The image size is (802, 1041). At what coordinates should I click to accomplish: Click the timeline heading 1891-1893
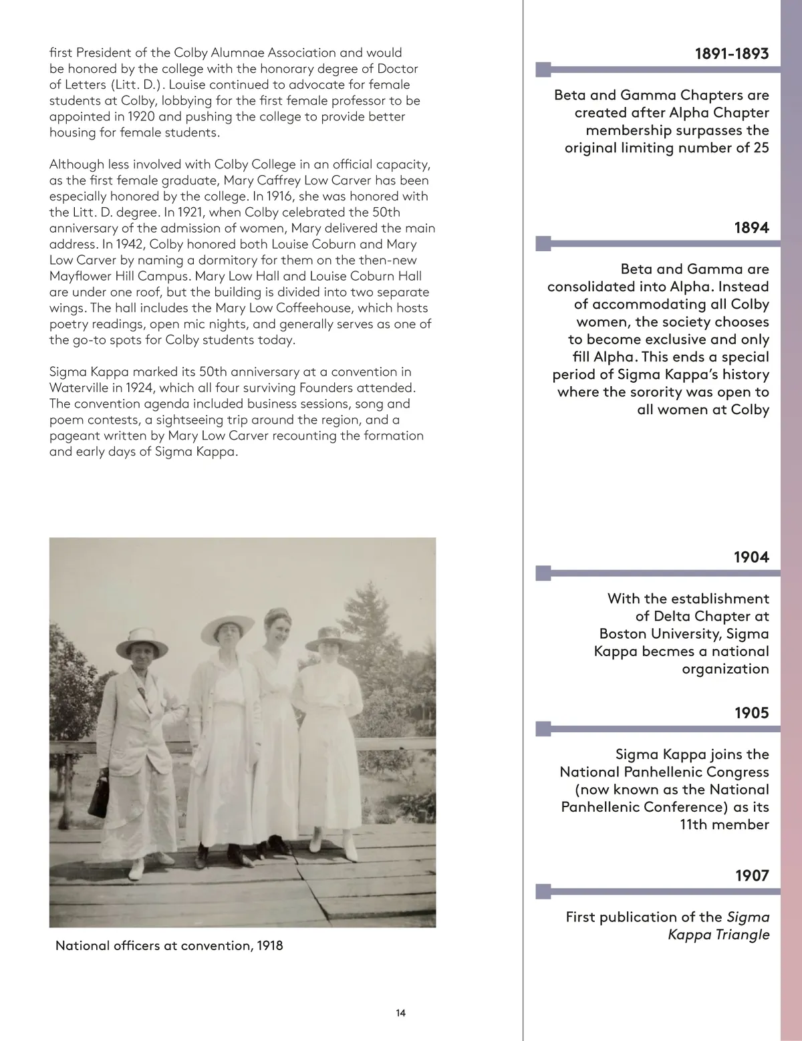[731, 54]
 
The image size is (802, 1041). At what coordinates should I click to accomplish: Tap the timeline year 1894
[751, 228]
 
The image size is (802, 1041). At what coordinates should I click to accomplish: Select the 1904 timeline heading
[751, 557]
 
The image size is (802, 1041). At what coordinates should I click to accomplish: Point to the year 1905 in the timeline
[751, 713]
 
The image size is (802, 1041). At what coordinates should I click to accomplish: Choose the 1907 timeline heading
[752, 875]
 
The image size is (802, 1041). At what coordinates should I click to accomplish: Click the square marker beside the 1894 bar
[544, 243]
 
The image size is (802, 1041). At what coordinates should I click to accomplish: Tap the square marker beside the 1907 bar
[544, 891]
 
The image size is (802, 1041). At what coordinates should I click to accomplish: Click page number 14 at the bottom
[400, 1013]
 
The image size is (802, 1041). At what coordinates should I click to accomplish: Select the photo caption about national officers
[169, 945]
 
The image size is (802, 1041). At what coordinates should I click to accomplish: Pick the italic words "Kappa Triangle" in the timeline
[718, 935]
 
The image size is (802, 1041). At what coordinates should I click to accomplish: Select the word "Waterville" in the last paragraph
[81, 388]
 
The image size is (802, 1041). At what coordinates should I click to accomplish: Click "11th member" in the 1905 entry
[724, 825]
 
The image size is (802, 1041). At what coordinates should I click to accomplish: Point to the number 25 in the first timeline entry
[761, 148]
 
